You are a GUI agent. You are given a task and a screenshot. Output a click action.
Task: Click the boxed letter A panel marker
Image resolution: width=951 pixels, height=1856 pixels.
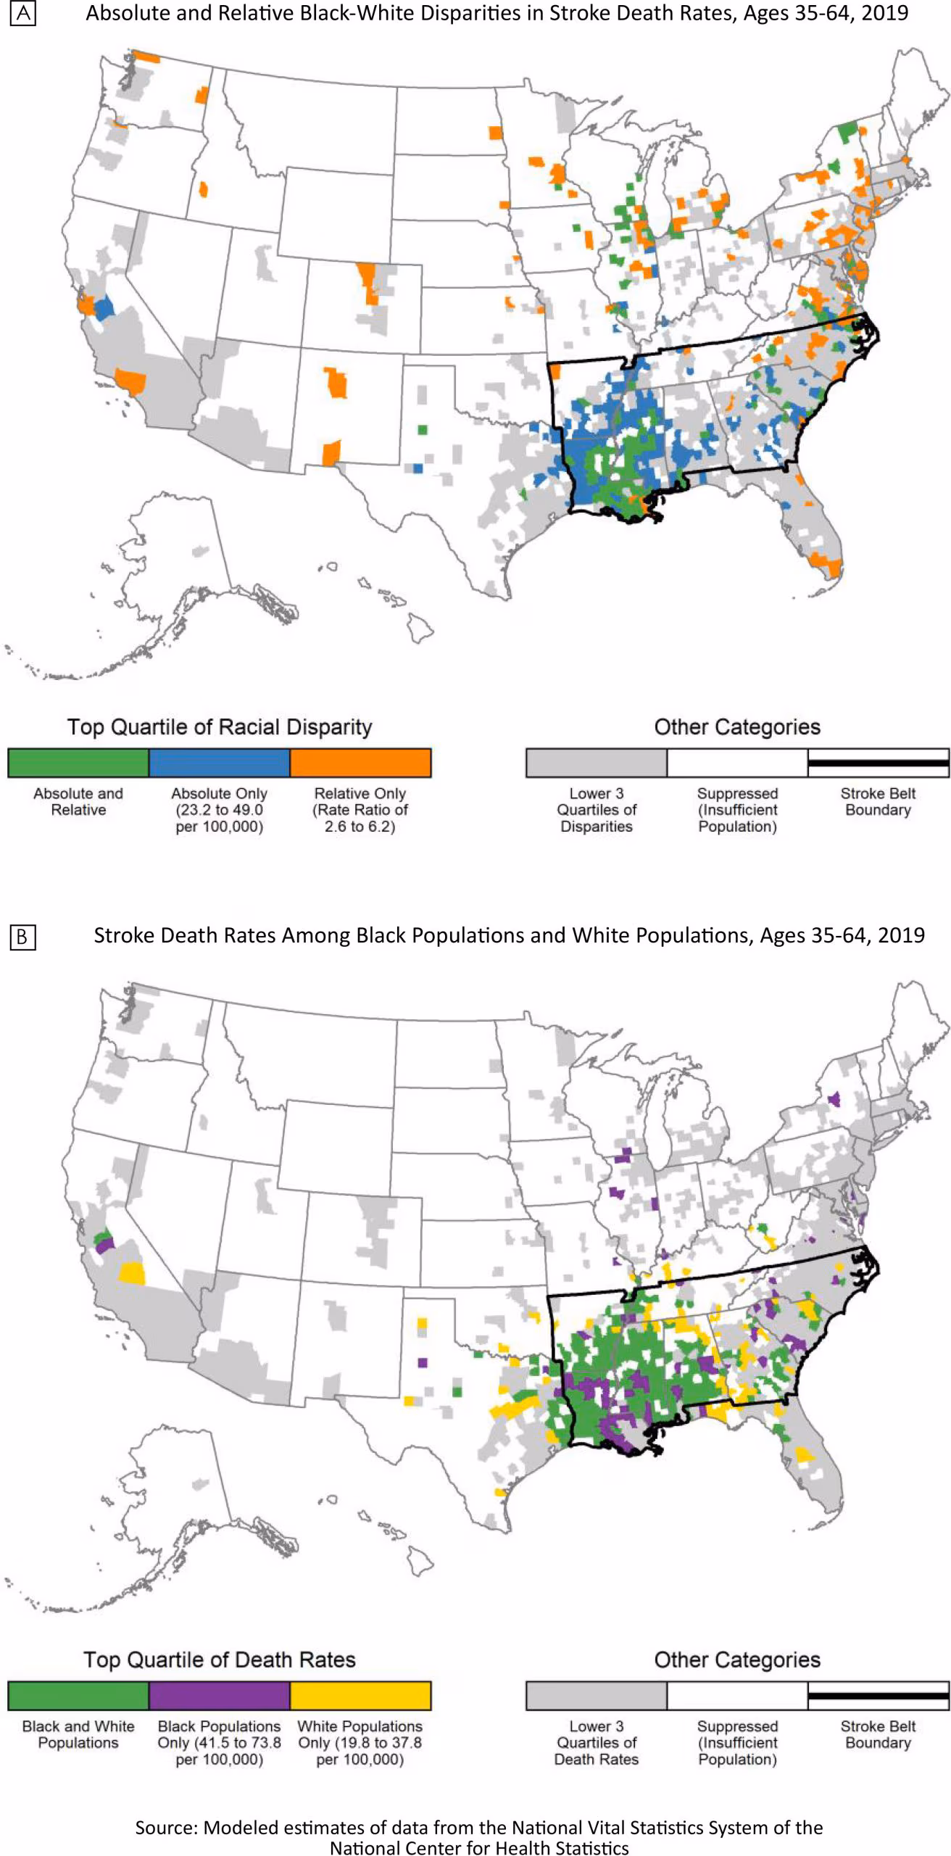[x=22, y=14]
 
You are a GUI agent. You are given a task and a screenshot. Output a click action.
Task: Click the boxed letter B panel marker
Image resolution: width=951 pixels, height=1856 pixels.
[x=22, y=937]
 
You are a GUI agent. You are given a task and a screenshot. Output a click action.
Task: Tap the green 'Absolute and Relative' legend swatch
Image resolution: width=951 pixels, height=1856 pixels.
[x=78, y=763]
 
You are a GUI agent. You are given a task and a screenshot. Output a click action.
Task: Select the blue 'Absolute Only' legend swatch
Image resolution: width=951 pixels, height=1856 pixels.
[x=219, y=763]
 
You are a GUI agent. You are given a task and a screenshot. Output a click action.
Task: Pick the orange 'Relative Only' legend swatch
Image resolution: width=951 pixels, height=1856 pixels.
[x=360, y=763]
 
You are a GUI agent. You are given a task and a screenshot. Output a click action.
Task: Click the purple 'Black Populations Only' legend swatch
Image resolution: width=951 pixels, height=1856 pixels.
[x=219, y=1696]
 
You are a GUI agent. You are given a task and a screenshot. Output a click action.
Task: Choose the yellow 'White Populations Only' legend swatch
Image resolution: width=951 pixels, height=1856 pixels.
[x=360, y=1696]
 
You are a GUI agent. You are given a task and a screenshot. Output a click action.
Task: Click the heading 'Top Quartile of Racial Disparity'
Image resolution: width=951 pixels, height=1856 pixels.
[x=220, y=726]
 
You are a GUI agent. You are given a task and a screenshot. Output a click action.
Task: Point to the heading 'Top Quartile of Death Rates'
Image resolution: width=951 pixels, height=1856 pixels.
[x=220, y=1660]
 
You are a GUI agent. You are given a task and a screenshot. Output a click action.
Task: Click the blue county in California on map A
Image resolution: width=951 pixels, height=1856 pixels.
[x=104, y=307]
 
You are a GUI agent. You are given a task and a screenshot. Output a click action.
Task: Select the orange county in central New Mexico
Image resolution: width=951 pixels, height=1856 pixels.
[x=336, y=383]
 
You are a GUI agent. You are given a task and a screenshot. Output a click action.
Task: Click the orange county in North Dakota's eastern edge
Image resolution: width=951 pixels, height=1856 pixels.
[x=495, y=133]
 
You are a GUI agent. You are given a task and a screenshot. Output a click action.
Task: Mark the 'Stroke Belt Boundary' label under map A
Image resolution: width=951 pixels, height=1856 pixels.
[x=878, y=801]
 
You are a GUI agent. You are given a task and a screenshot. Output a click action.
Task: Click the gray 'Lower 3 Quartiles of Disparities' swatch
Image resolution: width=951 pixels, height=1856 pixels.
[x=596, y=763]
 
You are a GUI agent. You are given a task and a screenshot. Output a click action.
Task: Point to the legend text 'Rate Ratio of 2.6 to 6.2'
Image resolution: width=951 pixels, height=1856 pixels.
[x=360, y=818]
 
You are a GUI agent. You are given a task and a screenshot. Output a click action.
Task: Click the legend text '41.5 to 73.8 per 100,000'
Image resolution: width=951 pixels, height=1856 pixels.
[x=219, y=1751]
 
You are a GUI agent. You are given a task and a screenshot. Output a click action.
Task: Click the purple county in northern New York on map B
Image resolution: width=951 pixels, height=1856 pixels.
[x=834, y=1099]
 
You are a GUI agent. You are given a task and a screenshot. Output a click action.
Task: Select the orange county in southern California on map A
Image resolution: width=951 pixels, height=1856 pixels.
[x=132, y=381]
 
